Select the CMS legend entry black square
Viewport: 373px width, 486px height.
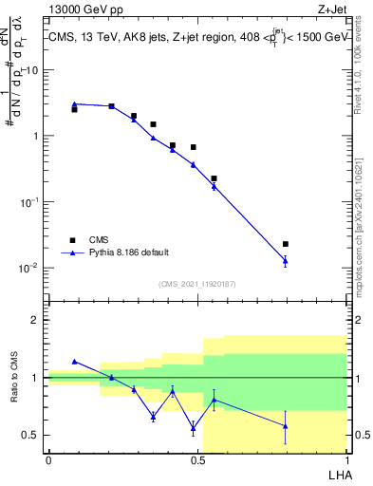point(72,240)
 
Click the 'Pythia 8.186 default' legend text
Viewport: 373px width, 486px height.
point(130,252)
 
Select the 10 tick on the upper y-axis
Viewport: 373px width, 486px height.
point(31,70)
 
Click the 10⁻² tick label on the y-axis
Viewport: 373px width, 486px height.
point(29,268)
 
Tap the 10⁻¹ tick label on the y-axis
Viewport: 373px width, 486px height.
point(29,202)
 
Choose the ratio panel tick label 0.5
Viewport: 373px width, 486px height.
point(30,435)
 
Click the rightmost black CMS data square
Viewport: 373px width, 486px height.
point(286,244)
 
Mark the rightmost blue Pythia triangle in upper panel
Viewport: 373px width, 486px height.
point(286,259)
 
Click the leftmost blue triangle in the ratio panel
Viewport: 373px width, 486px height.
point(75,362)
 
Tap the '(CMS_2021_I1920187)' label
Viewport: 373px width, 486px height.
point(196,284)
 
